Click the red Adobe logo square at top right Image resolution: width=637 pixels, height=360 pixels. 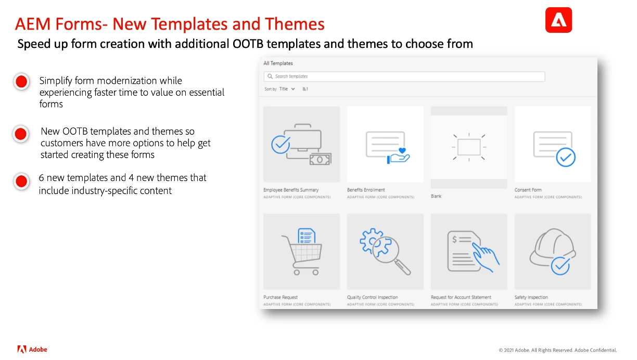click(558, 20)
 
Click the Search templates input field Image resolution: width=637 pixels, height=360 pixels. click(404, 76)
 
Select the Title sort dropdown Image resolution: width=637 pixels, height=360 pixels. click(287, 89)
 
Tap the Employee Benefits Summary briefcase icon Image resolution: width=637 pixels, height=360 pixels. click(301, 145)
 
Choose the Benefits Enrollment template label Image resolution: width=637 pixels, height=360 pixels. click(366, 190)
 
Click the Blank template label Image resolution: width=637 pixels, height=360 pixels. click(436, 196)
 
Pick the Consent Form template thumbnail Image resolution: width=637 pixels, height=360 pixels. click(553, 144)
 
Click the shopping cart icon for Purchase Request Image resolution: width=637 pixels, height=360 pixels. click(302, 251)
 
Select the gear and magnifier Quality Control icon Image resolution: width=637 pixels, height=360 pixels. click(385, 251)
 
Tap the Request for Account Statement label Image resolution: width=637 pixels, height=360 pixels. click(461, 297)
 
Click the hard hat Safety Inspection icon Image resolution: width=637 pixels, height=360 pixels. click(553, 251)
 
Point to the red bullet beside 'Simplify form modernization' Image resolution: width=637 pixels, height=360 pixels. click(21, 82)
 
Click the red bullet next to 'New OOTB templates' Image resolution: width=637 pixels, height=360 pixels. click(21, 134)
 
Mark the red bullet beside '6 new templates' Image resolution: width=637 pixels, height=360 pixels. click(21, 182)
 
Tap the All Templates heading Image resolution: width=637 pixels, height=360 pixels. click(278, 63)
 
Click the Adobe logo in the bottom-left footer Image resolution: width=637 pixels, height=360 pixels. click(32, 350)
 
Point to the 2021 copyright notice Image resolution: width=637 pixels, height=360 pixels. click(558, 350)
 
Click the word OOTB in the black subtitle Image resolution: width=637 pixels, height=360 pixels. click(248, 44)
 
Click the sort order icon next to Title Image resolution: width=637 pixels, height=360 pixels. click(305, 89)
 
